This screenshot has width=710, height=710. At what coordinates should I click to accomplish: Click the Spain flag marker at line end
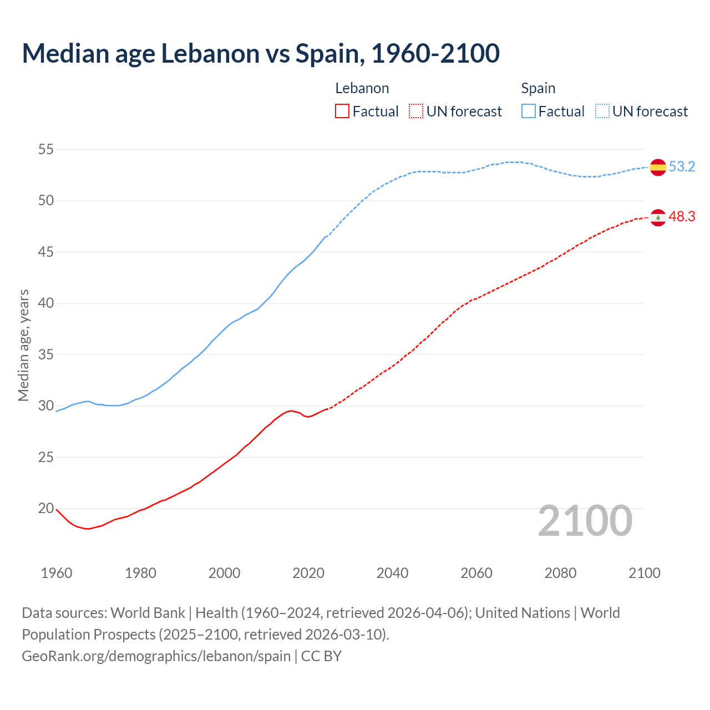[658, 167]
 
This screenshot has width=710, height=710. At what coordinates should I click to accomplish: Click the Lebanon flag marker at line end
[658, 217]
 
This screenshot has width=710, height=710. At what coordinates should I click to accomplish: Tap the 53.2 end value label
[682, 167]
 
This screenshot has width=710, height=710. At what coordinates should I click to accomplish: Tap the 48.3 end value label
[682, 217]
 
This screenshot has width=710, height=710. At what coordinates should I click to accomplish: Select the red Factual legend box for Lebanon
[342, 111]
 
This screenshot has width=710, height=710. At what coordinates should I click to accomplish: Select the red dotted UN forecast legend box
[416, 111]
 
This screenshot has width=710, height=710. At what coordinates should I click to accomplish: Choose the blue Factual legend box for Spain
[529, 111]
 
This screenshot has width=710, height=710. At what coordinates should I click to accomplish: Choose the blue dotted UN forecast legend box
[602, 111]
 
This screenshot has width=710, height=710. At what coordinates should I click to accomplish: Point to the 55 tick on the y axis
[46, 149]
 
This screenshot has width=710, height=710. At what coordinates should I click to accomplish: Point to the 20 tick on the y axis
[46, 508]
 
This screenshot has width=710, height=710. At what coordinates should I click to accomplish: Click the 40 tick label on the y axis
[46, 303]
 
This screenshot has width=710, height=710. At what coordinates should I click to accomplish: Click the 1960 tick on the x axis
[57, 573]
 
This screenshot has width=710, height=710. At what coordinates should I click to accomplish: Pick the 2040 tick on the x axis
[392, 573]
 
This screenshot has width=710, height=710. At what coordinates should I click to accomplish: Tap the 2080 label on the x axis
[560, 573]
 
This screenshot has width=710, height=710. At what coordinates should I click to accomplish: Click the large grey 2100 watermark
[585, 521]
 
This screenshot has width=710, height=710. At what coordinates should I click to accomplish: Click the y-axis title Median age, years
[23, 345]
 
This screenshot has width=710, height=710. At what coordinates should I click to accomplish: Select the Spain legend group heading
[538, 88]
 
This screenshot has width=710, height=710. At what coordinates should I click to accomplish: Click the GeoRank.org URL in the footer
[156, 656]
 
